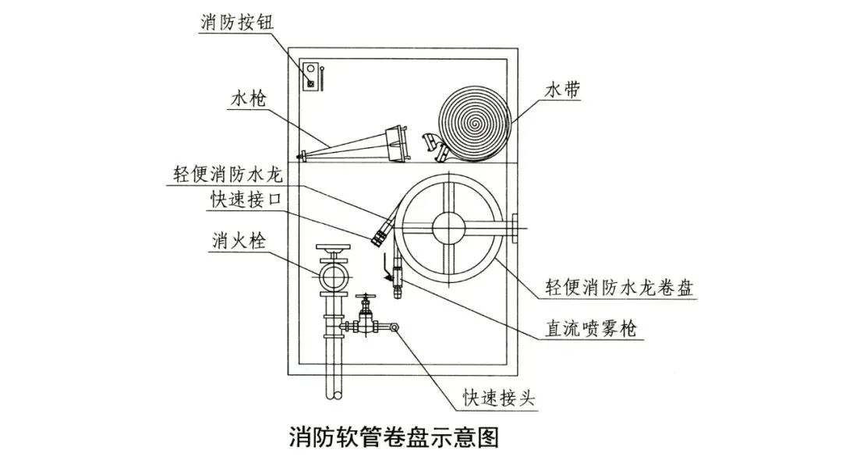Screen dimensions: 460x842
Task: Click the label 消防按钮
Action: click(x=232, y=21)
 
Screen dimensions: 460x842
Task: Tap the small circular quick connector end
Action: click(x=395, y=328)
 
